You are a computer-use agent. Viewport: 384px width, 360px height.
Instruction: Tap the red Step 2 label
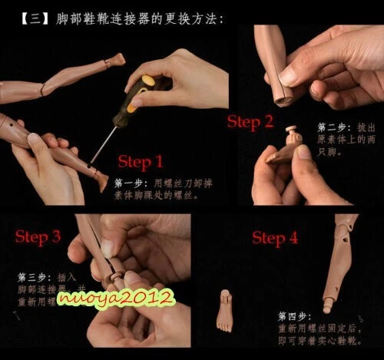click(250, 121)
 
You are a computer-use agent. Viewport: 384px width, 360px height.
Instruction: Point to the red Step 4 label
click(275, 238)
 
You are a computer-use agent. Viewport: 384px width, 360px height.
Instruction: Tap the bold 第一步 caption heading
click(128, 184)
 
